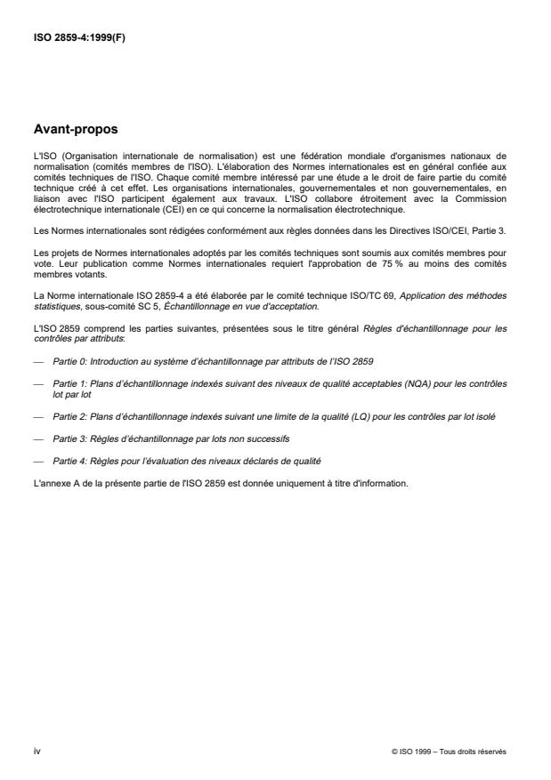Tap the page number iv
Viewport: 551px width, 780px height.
point(36,751)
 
